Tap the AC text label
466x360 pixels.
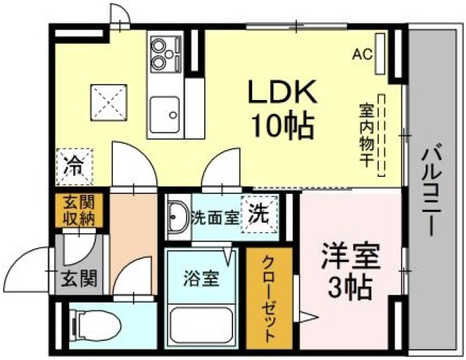(363, 54)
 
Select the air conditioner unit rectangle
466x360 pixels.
(380, 53)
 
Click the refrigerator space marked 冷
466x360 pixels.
(74, 167)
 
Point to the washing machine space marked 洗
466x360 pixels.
(259, 215)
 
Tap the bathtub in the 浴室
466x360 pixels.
(201, 325)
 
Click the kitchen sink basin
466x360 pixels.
(164, 115)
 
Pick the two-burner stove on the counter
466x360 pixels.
(166, 54)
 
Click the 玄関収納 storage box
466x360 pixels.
(79, 211)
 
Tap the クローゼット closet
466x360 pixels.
(269, 298)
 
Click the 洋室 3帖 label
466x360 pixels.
(350, 271)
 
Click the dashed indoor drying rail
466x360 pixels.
(381, 135)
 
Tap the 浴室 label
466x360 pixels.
(201, 278)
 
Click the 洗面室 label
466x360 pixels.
(215, 218)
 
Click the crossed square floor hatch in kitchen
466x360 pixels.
(109, 103)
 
